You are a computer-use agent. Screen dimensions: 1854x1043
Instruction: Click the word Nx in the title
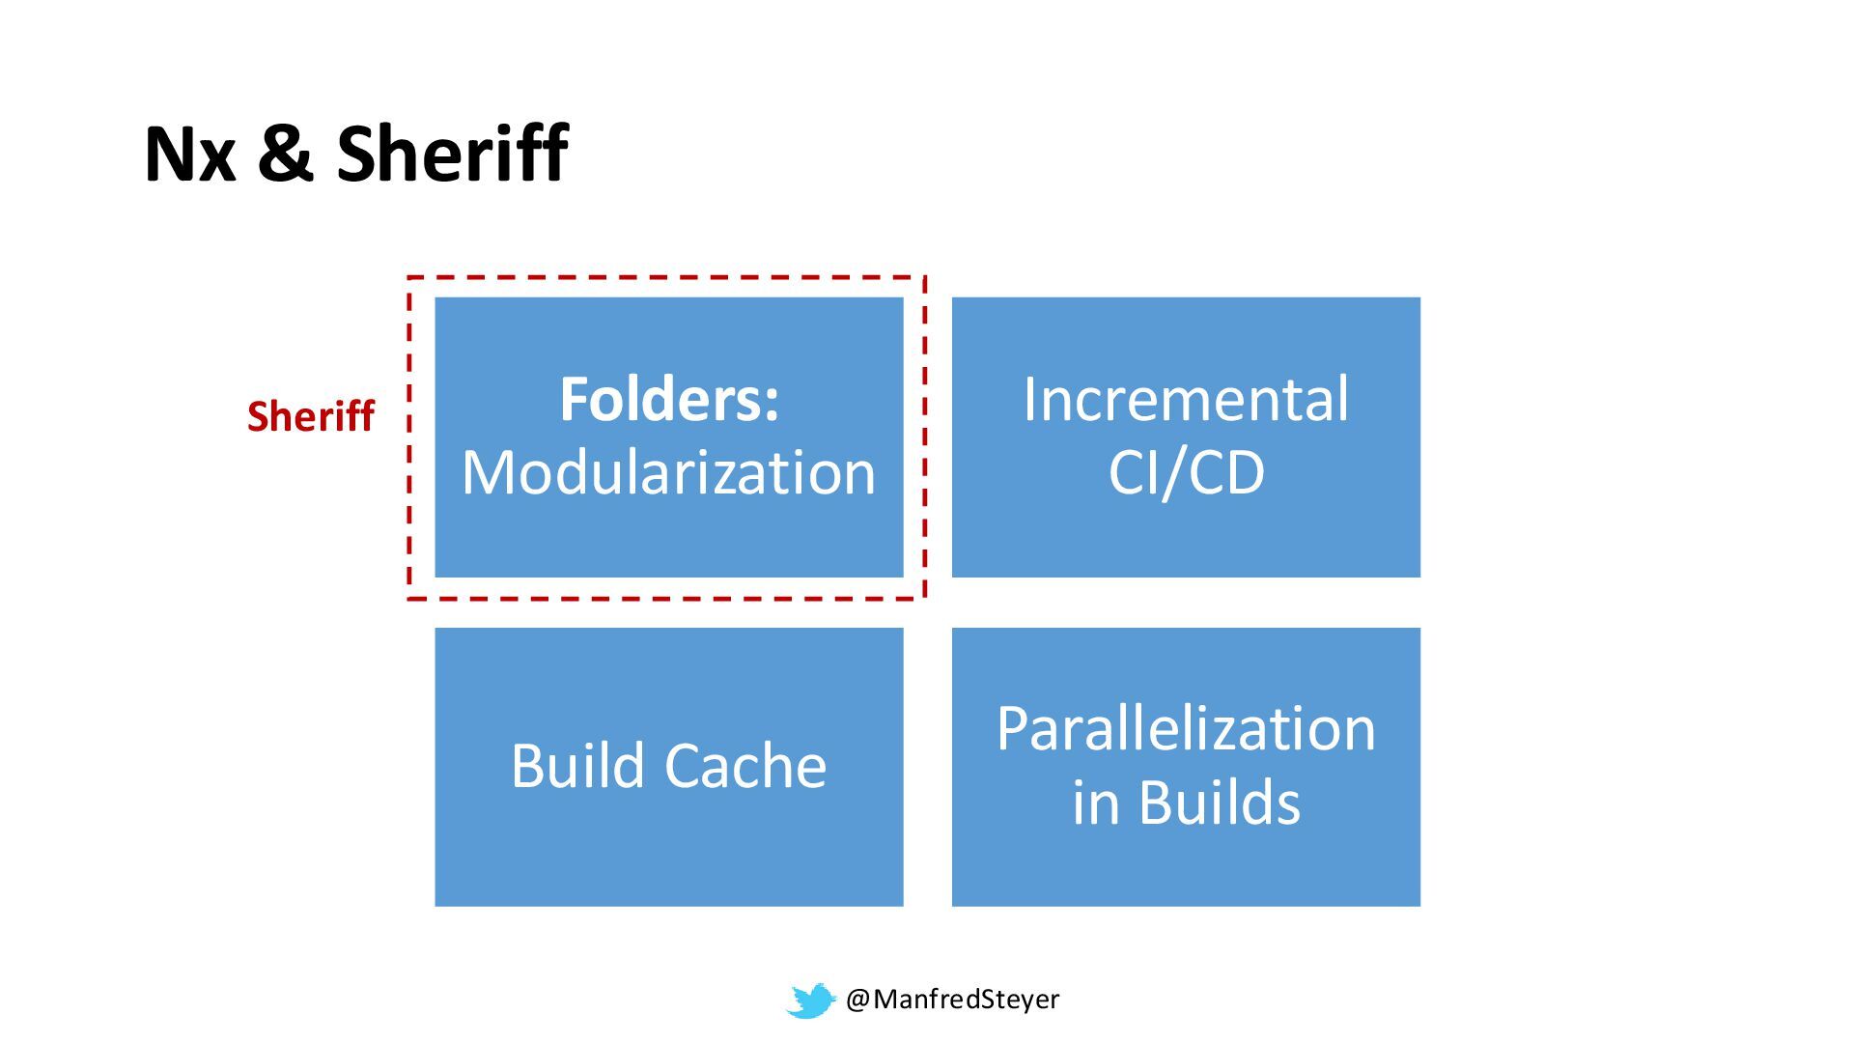pos(189,155)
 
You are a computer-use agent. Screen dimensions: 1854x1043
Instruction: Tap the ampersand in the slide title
pos(286,155)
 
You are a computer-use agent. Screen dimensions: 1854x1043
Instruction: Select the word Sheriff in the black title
pos(452,155)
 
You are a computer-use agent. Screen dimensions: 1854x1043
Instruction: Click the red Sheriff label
pos(310,416)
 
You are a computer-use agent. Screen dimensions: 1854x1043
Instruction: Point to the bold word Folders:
pos(668,399)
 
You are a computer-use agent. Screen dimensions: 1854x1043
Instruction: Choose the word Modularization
pos(668,473)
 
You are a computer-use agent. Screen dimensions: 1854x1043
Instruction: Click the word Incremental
pos(1186,399)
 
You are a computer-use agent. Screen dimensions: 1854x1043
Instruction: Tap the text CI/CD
pos(1186,473)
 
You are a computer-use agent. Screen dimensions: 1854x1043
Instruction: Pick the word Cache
pos(744,766)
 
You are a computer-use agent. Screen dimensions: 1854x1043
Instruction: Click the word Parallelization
pos(1186,728)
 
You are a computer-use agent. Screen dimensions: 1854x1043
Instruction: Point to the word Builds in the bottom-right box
pos(1220,803)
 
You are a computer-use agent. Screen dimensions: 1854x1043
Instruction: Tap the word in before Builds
pos(1095,803)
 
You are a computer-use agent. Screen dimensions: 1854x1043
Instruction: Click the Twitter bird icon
pos(810,1001)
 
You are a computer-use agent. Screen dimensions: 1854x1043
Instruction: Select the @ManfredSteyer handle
pos(952,1000)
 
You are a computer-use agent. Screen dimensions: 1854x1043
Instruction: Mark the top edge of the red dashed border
pos(666,278)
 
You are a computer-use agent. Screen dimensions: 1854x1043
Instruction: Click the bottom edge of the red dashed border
pos(666,599)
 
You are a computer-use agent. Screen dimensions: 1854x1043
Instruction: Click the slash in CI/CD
pos(1186,473)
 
